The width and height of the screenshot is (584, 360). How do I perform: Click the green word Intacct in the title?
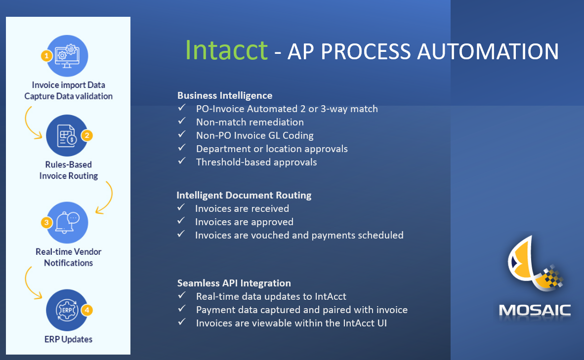pyautogui.click(x=226, y=50)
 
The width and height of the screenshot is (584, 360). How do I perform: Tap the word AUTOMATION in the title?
pyautogui.click(x=488, y=51)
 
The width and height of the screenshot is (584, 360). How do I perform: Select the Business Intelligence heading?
pyautogui.click(x=225, y=96)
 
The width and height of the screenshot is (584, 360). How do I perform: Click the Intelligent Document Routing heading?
pyautogui.click(x=244, y=196)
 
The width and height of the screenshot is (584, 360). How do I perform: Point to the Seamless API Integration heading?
pyautogui.click(x=234, y=283)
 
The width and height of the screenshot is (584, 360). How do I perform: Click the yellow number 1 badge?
pyautogui.click(x=46, y=56)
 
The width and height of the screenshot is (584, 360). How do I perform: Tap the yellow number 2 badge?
pyautogui.click(x=87, y=135)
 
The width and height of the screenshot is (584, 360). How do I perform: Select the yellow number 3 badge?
pyautogui.click(x=46, y=223)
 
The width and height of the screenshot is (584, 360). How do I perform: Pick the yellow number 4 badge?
pyautogui.click(x=87, y=310)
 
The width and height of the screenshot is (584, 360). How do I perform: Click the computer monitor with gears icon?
pyautogui.click(x=67, y=56)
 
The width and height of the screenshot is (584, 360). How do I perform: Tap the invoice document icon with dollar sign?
pyautogui.click(x=67, y=135)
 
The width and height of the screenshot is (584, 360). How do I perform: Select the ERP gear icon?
pyautogui.click(x=67, y=310)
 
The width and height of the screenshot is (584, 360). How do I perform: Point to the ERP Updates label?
pyautogui.click(x=69, y=339)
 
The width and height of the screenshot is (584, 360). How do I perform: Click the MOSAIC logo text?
pyautogui.click(x=535, y=311)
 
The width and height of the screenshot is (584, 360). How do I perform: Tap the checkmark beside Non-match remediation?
pyautogui.click(x=182, y=121)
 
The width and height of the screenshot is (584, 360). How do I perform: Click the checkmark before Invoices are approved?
pyautogui.click(x=181, y=221)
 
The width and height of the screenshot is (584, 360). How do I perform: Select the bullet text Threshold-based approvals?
pyautogui.click(x=256, y=162)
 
